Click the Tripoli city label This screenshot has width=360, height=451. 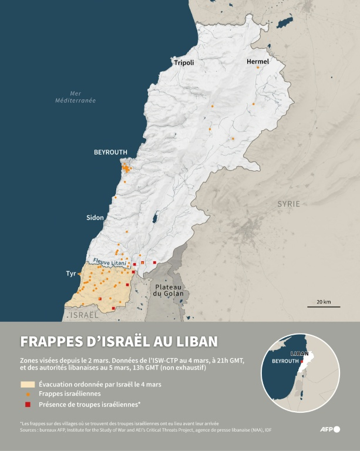[x=184, y=62]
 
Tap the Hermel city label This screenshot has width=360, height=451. [x=258, y=61]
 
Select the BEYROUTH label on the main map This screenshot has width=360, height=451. [x=110, y=152]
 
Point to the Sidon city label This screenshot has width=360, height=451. [x=95, y=218]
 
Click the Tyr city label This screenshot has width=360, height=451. [x=71, y=274]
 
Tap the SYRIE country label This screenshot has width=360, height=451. [x=288, y=204]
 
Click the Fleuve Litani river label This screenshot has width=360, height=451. [x=109, y=264]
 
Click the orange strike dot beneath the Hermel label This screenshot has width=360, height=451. [x=258, y=68]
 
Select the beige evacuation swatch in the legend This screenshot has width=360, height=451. [x=28, y=384]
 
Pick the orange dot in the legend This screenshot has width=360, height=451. [x=28, y=394]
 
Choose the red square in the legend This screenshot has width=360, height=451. [x=28, y=404]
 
